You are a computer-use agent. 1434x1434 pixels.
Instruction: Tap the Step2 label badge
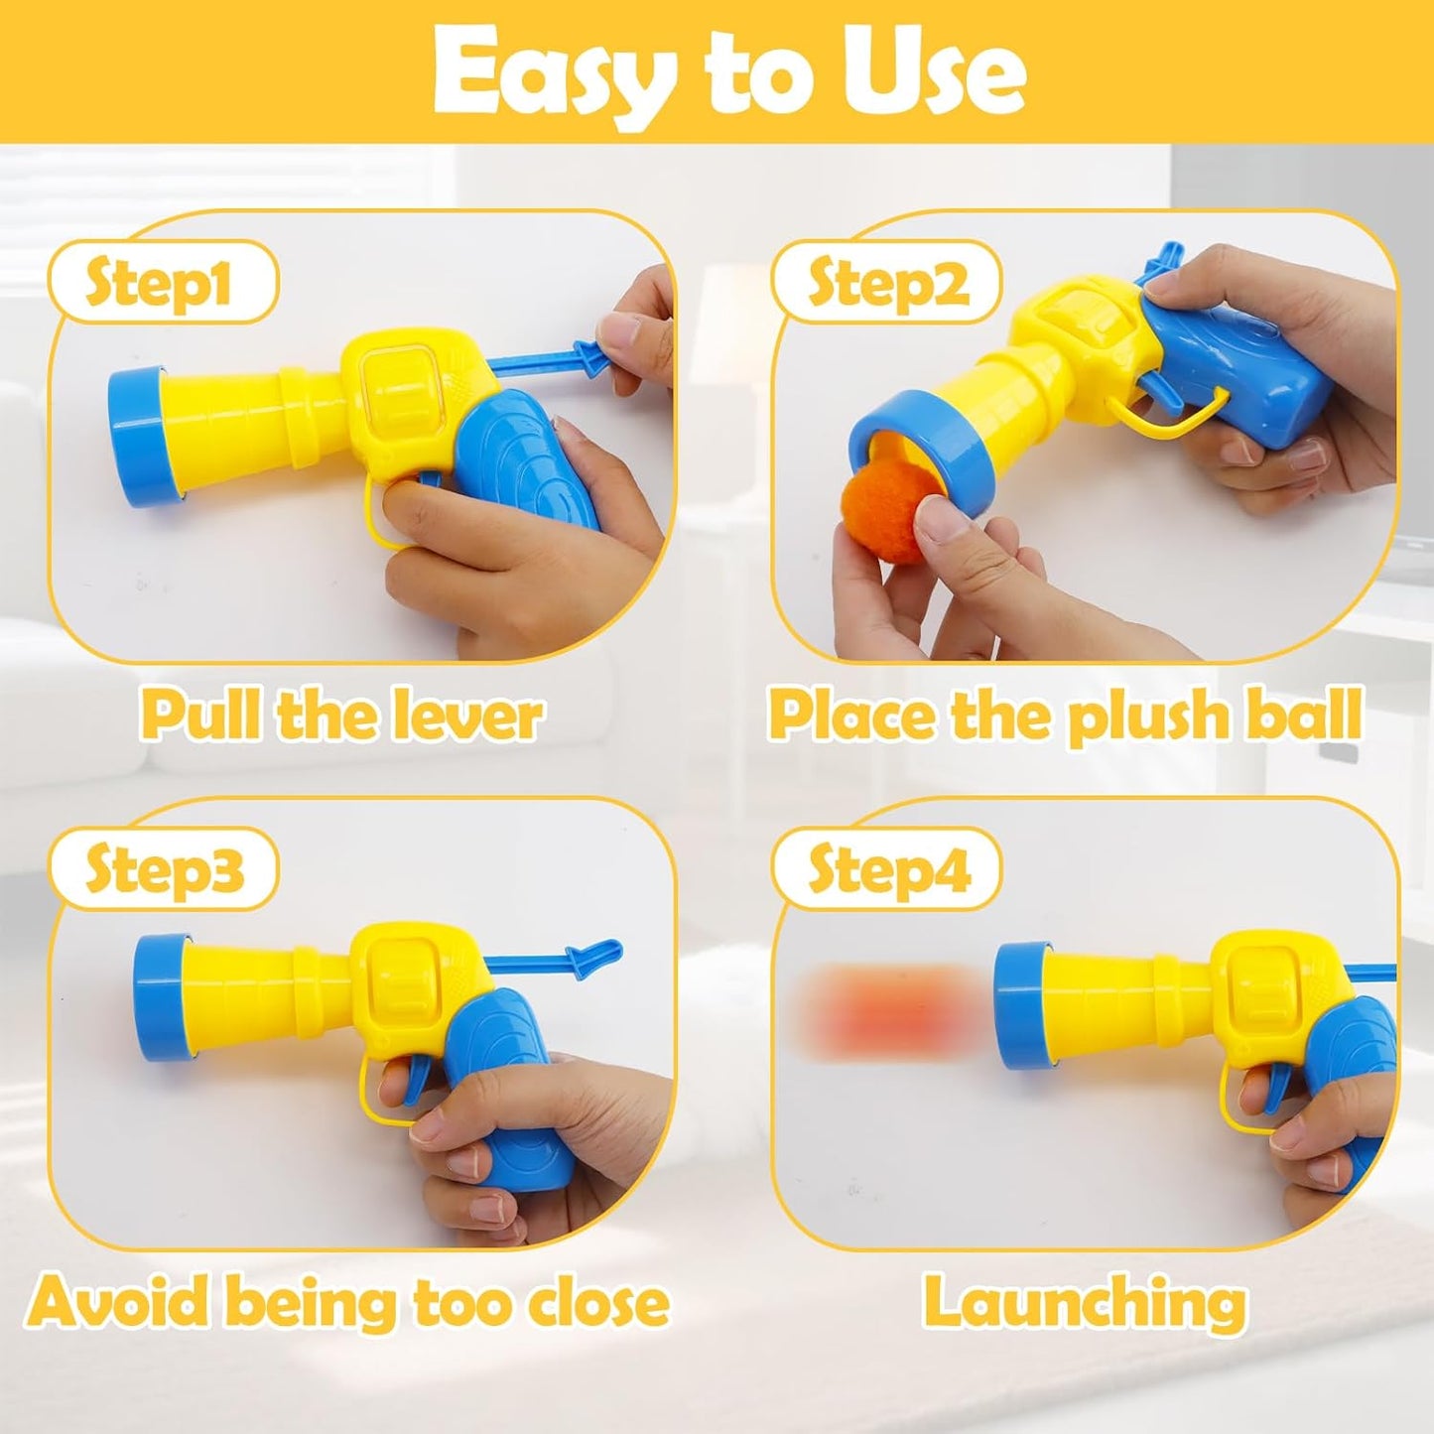coord(886,284)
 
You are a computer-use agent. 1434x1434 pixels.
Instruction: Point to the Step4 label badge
coord(886,870)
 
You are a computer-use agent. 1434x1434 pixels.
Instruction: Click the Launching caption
coord(1085,1302)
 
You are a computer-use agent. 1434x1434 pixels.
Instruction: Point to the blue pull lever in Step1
coord(556,359)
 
